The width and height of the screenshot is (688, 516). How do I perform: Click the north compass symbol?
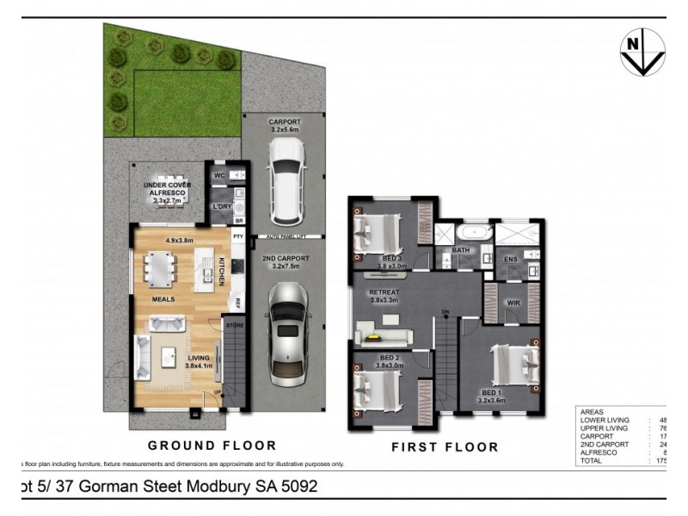point(642,52)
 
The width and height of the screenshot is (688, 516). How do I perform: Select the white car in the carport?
point(283,171)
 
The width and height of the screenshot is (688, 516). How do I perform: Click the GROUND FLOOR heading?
point(212,445)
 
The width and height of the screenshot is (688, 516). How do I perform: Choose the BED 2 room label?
point(389,358)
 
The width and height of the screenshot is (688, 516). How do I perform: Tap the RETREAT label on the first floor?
point(386,293)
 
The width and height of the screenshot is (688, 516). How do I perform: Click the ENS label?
point(510,258)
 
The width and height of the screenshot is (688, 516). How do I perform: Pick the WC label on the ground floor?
point(219,175)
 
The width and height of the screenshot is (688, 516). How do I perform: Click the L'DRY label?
point(221,207)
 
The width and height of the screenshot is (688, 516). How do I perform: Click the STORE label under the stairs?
point(234,326)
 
